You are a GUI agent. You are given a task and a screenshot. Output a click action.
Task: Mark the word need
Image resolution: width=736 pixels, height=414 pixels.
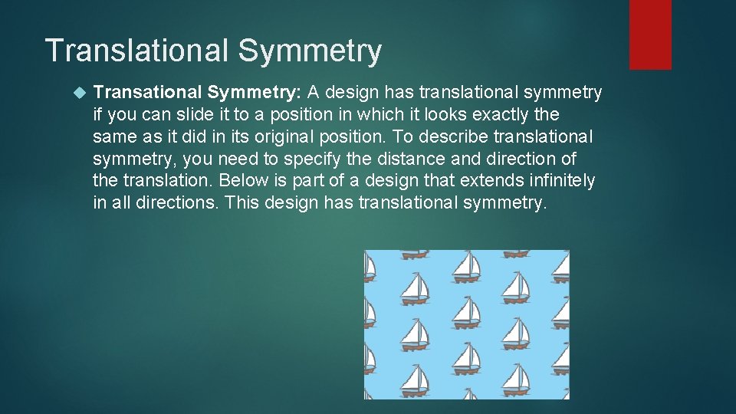click(x=237, y=159)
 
